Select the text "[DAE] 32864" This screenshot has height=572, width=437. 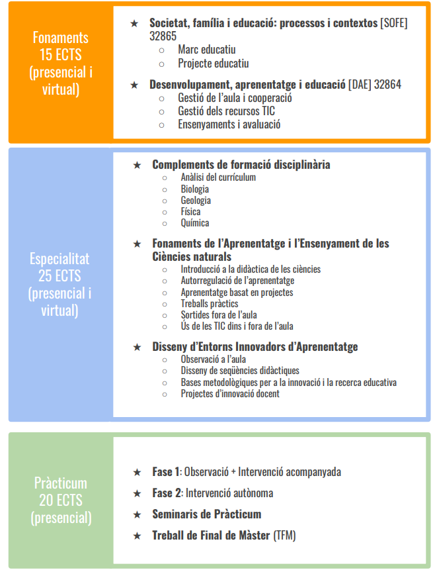(375, 84)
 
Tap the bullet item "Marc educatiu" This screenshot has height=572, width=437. (206, 50)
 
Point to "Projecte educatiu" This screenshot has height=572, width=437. (213, 64)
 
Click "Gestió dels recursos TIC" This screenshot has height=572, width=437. (226, 111)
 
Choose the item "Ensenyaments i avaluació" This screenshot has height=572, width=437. (229, 124)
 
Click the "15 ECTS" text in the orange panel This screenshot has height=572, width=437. (60, 55)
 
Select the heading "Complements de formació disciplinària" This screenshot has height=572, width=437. (241, 164)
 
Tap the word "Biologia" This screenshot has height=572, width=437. (194, 189)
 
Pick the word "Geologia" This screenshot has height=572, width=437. (196, 200)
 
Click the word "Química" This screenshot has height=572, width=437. (194, 223)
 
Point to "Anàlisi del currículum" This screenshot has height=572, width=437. (218, 177)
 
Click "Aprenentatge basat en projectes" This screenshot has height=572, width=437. (237, 292)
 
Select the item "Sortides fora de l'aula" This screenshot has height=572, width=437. (219, 314)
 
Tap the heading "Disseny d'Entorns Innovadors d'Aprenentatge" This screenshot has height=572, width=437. (255, 346)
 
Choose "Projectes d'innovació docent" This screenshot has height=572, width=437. (230, 393)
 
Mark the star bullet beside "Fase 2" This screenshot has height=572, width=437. (137, 493)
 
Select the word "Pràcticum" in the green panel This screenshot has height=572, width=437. (60, 483)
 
